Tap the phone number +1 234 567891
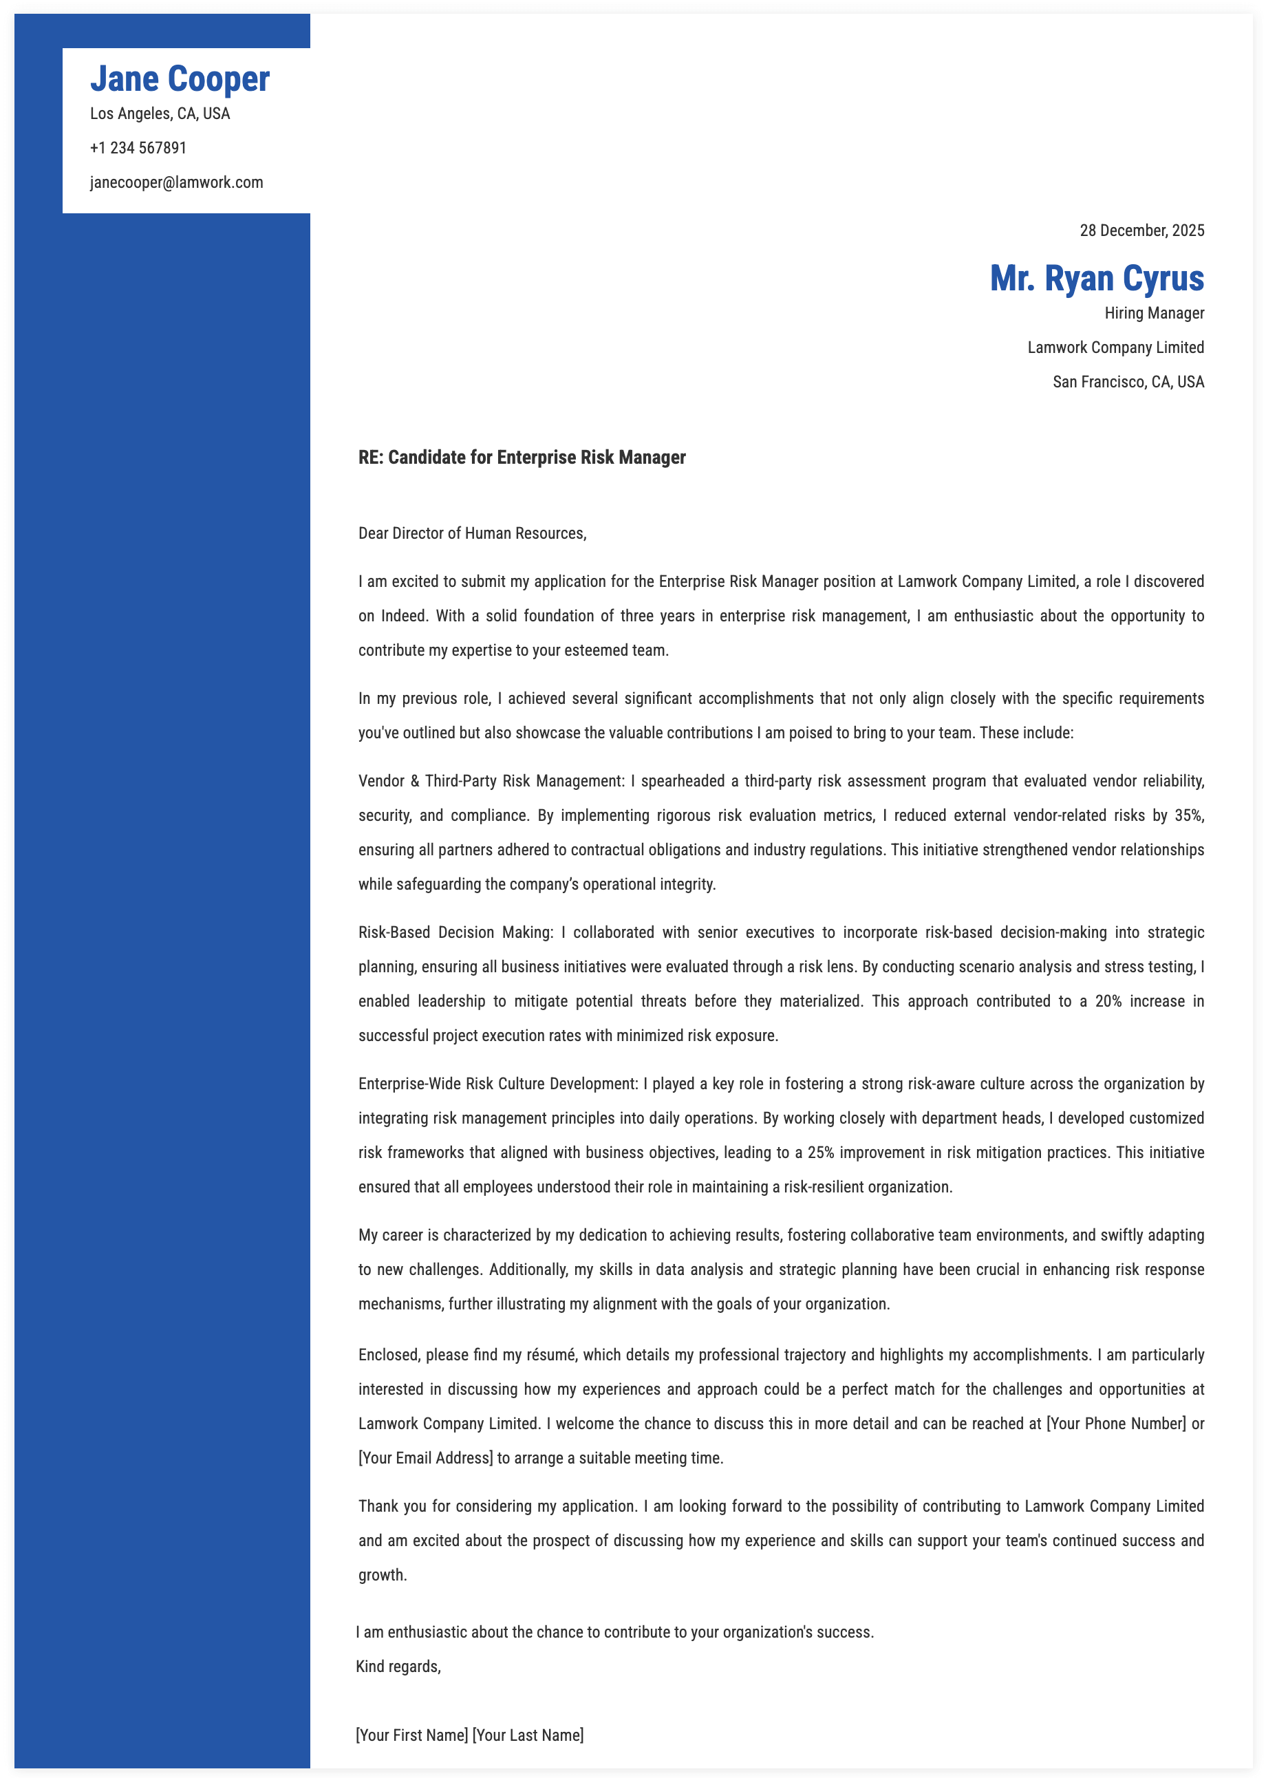click(138, 148)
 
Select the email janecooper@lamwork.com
click(176, 182)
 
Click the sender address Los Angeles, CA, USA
click(160, 114)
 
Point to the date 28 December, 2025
click(1141, 231)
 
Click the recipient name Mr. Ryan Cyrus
click(1096, 278)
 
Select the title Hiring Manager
click(1154, 313)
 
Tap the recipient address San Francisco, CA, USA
click(1128, 382)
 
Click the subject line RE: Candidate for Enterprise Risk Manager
click(522, 458)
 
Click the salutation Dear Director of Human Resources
click(471, 534)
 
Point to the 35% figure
click(1188, 816)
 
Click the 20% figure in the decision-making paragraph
click(1108, 1002)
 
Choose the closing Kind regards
click(398, 1667)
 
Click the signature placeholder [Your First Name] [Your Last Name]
click(469, 1736)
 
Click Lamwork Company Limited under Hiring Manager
click(1115, 347)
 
